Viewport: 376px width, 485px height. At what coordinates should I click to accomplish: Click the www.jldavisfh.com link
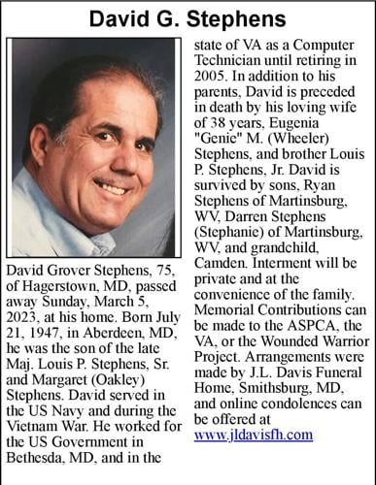(253, 436)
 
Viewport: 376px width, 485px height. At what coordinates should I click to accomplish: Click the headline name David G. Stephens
(188, 18)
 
